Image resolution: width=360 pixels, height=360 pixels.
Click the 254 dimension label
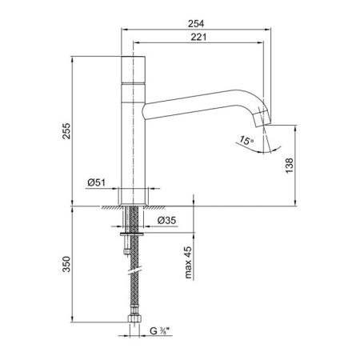(x=196, y=23)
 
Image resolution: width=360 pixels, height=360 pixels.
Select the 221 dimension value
(x=198, y=37)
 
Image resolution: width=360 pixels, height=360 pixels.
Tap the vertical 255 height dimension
(x=66, y=130)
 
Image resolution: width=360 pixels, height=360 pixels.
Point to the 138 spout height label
(x=290, y=166)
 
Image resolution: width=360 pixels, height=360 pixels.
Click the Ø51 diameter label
(x=97, y=182)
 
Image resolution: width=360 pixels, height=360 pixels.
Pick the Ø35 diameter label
(x=166, y=220)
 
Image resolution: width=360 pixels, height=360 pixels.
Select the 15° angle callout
(x=246, y=140)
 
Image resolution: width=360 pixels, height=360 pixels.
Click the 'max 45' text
(x=188, y=262)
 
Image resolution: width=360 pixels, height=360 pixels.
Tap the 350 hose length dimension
(x=66, y=264)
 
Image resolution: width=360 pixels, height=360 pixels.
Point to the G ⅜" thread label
(x=160, y=331)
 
